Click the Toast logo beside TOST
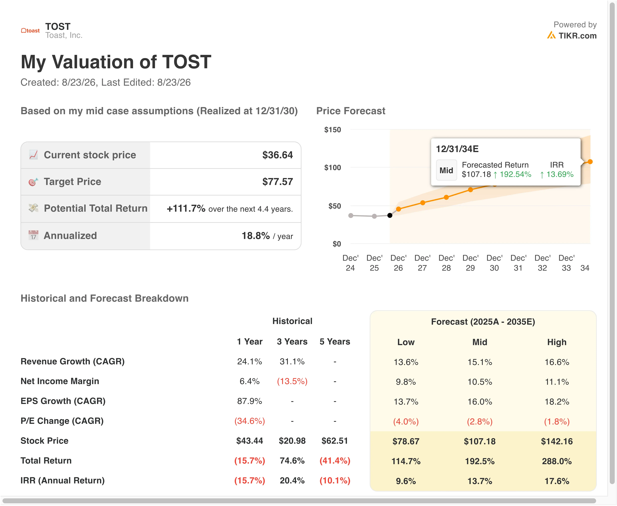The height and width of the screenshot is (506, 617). coord(30,31)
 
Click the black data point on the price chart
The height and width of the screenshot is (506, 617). coord(390,215)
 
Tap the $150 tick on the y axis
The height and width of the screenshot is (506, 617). coord(332,130)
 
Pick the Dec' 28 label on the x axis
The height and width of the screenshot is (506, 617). coord(446,263)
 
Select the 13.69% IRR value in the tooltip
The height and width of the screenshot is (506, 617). coord(560,174)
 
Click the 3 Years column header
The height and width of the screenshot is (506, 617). coord(292,342)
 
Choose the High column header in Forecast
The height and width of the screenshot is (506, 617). coord(557,342)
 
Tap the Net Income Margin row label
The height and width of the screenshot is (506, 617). coord(60,381)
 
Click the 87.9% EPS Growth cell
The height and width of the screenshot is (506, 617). coord(250,401)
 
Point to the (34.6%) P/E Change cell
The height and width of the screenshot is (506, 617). coord(250,421)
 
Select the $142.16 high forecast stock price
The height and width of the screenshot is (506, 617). coord(557,441)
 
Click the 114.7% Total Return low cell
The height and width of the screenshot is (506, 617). coord(406,461)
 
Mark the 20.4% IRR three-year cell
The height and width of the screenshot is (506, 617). coord(292,481)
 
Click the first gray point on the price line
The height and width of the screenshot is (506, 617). coord(351,215)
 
